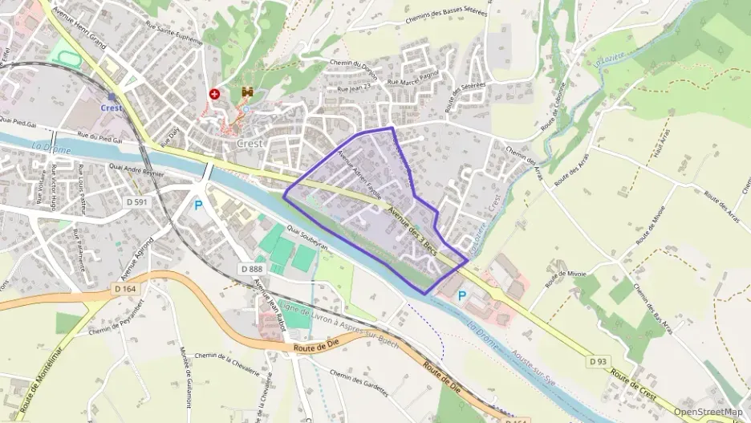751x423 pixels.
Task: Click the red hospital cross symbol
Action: (214, 94)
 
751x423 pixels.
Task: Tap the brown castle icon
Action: (248, 94)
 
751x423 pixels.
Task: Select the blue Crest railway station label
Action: (112, 108)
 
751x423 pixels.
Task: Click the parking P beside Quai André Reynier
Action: (198, 205)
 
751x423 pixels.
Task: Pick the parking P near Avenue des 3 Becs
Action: (462, 295)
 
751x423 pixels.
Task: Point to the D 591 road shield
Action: (136, 201)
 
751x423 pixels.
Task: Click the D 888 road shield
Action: (251, 269)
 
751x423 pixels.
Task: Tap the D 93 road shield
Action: (597, 362)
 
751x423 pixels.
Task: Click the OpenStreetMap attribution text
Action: (708, 413)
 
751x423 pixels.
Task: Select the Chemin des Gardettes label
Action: (358, 384)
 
